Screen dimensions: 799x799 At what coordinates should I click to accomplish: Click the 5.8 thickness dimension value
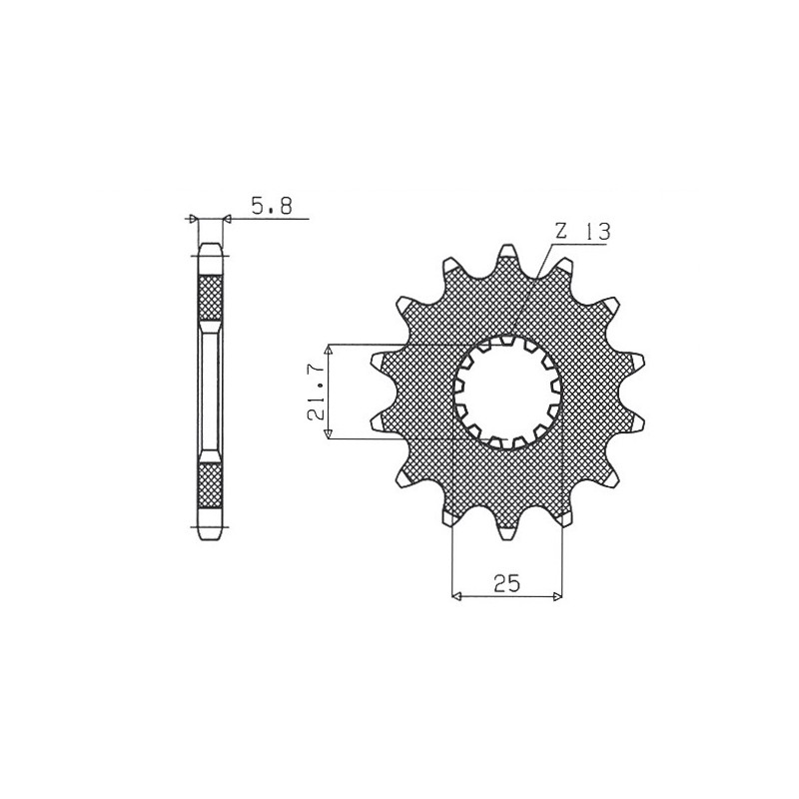click(x=272, y=207)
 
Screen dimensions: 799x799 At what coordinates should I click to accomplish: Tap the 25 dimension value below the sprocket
click(x=507, y=584)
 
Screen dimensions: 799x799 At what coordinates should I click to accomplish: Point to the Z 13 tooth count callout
click(x=582, y=231)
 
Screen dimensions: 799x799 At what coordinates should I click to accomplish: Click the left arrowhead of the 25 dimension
click(x=458, y=597)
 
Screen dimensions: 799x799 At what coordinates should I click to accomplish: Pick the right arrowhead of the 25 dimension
click(x=558, y=597)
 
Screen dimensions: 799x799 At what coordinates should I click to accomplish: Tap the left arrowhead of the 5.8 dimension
click(x=194, y=218)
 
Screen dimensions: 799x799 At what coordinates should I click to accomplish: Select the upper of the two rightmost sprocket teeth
click(x=635, y=362)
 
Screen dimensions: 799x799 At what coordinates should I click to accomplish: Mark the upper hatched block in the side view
click(x=211, y=297)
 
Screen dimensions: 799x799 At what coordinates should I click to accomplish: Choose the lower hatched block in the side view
click(x=211, y=486)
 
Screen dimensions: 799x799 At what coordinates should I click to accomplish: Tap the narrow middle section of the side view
click(x=211, y=392)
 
